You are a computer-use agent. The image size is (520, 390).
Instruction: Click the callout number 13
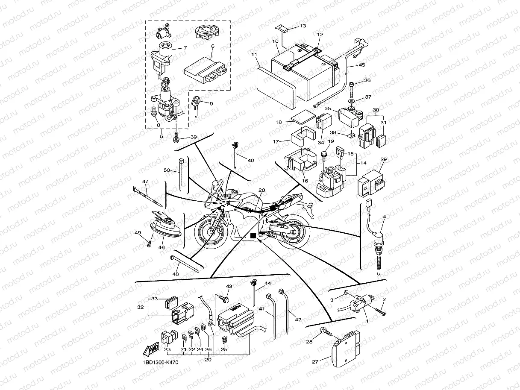tap(303, 26)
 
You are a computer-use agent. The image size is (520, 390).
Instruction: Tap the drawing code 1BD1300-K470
tap(160, 363)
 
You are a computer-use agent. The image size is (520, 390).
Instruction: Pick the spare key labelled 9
tap(197, 104)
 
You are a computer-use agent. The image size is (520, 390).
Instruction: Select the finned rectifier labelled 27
tap(346, 352)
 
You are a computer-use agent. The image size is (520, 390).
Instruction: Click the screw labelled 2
tap(380, 313)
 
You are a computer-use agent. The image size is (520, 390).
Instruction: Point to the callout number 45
tap(361, 65)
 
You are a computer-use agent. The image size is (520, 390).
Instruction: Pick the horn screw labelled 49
tap(149, 244)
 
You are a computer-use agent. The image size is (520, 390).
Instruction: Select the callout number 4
tap(384, 217)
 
